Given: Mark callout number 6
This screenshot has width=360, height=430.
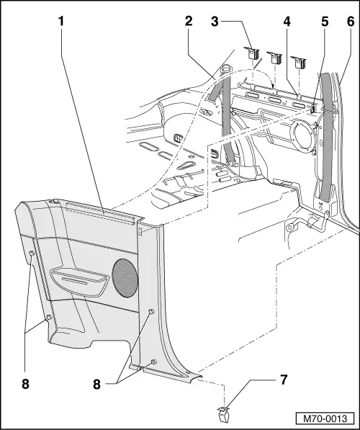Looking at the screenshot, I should (x=350, y=22).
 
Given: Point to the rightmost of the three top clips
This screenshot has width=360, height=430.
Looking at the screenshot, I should (x=298, y=64).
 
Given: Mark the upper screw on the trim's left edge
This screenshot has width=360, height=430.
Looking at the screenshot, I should (x=33, y=254).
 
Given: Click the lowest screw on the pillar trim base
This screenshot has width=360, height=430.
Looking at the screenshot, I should (x=152, y=362).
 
